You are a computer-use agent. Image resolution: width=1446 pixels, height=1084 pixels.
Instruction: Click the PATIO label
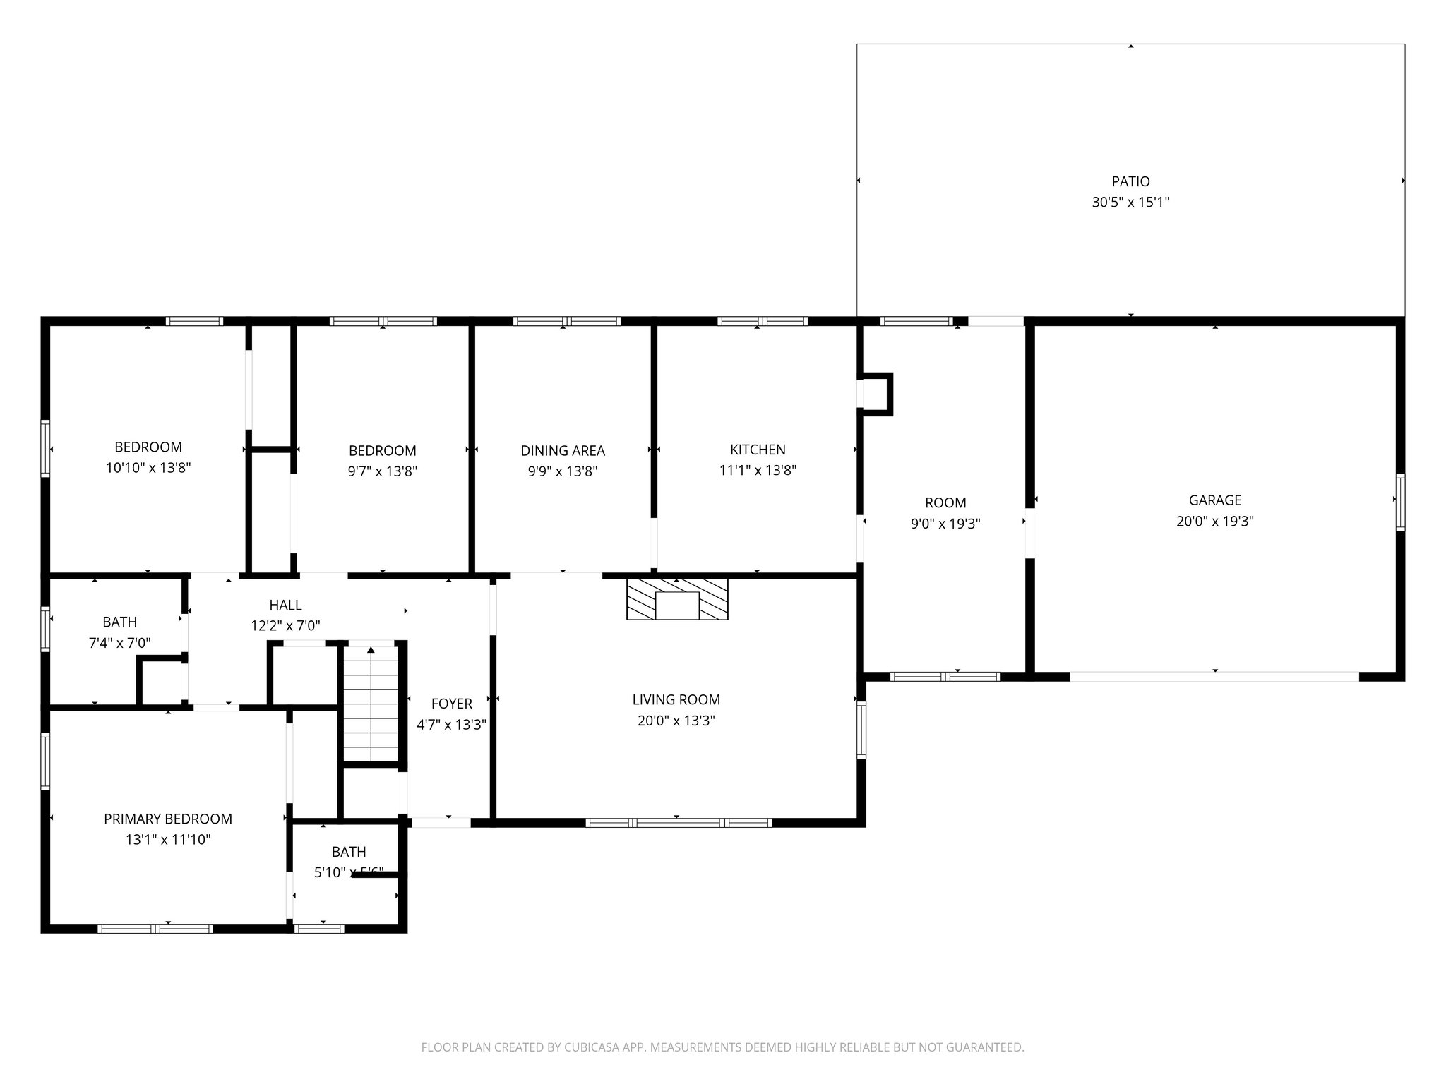(1130, 181)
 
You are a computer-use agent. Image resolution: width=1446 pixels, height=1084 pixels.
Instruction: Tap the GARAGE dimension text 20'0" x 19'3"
(1214, 522)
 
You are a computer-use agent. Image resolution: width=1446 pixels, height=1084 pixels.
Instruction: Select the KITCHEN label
(758, 450)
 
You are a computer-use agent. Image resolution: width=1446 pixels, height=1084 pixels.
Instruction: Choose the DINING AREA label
(563, 450)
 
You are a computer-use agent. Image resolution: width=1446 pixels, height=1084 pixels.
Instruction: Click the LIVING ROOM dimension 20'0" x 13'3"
(676, 721)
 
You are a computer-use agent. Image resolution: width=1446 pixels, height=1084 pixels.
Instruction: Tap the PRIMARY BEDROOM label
(168, 819)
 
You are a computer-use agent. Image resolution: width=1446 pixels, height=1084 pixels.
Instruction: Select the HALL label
(285, 605)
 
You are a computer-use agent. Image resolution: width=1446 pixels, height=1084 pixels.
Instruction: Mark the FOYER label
(451, 704)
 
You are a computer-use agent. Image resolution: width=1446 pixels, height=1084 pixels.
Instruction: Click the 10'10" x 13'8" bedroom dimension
(148, 467)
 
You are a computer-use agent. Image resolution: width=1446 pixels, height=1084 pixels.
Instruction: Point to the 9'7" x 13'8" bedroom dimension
(382, 471)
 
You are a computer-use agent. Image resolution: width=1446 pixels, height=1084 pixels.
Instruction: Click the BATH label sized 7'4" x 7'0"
(119, 622)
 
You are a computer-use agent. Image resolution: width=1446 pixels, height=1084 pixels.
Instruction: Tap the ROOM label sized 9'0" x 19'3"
(945, 502)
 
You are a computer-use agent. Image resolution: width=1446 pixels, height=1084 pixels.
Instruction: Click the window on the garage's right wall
(1400, 502)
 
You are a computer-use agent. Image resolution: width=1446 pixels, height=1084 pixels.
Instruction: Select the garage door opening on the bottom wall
(1214, 676)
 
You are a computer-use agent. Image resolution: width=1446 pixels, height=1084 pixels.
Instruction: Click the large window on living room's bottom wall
(678, 822)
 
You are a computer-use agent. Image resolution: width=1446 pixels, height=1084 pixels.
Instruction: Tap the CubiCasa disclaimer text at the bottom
(722, 1047)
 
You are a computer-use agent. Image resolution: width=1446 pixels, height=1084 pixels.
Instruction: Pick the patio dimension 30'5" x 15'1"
(1130, 203)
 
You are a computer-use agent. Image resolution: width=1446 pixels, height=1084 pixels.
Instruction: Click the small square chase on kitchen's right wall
(878, 394)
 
